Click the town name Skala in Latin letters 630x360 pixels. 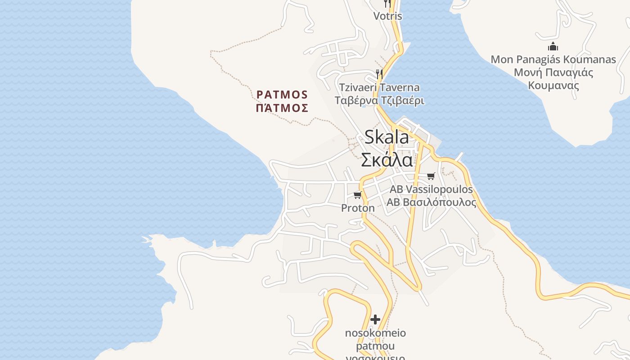[x=387, y=137]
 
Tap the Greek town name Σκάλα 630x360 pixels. [x=387, y=160]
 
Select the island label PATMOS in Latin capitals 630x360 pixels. [x=282, y=94]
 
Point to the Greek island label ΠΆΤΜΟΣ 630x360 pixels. [x=282, y=108]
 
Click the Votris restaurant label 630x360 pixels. [x=387, y=16]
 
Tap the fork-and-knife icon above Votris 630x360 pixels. [x=387, y=4]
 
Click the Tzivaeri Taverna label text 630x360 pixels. [x=379, y=87]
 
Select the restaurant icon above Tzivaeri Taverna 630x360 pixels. [x=379, y=74]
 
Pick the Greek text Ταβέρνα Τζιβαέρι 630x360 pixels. [x=379, y=100]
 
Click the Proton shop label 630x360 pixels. [x=358, y=208]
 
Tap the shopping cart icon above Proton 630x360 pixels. [x=358, y=195]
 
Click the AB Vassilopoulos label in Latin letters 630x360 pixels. [x=431, y=189]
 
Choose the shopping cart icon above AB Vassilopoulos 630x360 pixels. [x=431, y=176]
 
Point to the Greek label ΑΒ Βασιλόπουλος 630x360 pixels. [x=431, y=202]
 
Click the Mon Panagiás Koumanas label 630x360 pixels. [x=553, y=59]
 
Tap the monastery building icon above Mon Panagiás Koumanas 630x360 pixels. [x=553, y=46]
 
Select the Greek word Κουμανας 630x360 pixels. [x=553, y=85]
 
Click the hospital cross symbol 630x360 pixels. [x=375, y=319]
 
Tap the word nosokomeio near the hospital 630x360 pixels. [x=375, y=333]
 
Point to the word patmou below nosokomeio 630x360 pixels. [x=375, y=346]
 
